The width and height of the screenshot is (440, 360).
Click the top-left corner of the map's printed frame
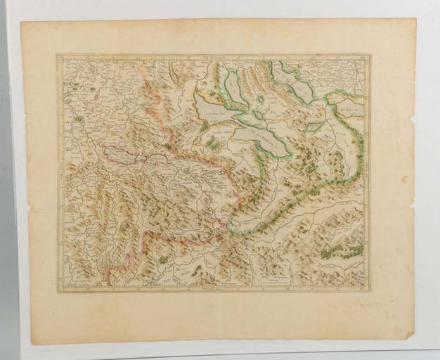(58, 55)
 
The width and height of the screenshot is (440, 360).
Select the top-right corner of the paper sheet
(415, 19)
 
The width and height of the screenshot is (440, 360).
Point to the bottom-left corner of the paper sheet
(32, 345)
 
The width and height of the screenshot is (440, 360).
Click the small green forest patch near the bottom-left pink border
(163, 259)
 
